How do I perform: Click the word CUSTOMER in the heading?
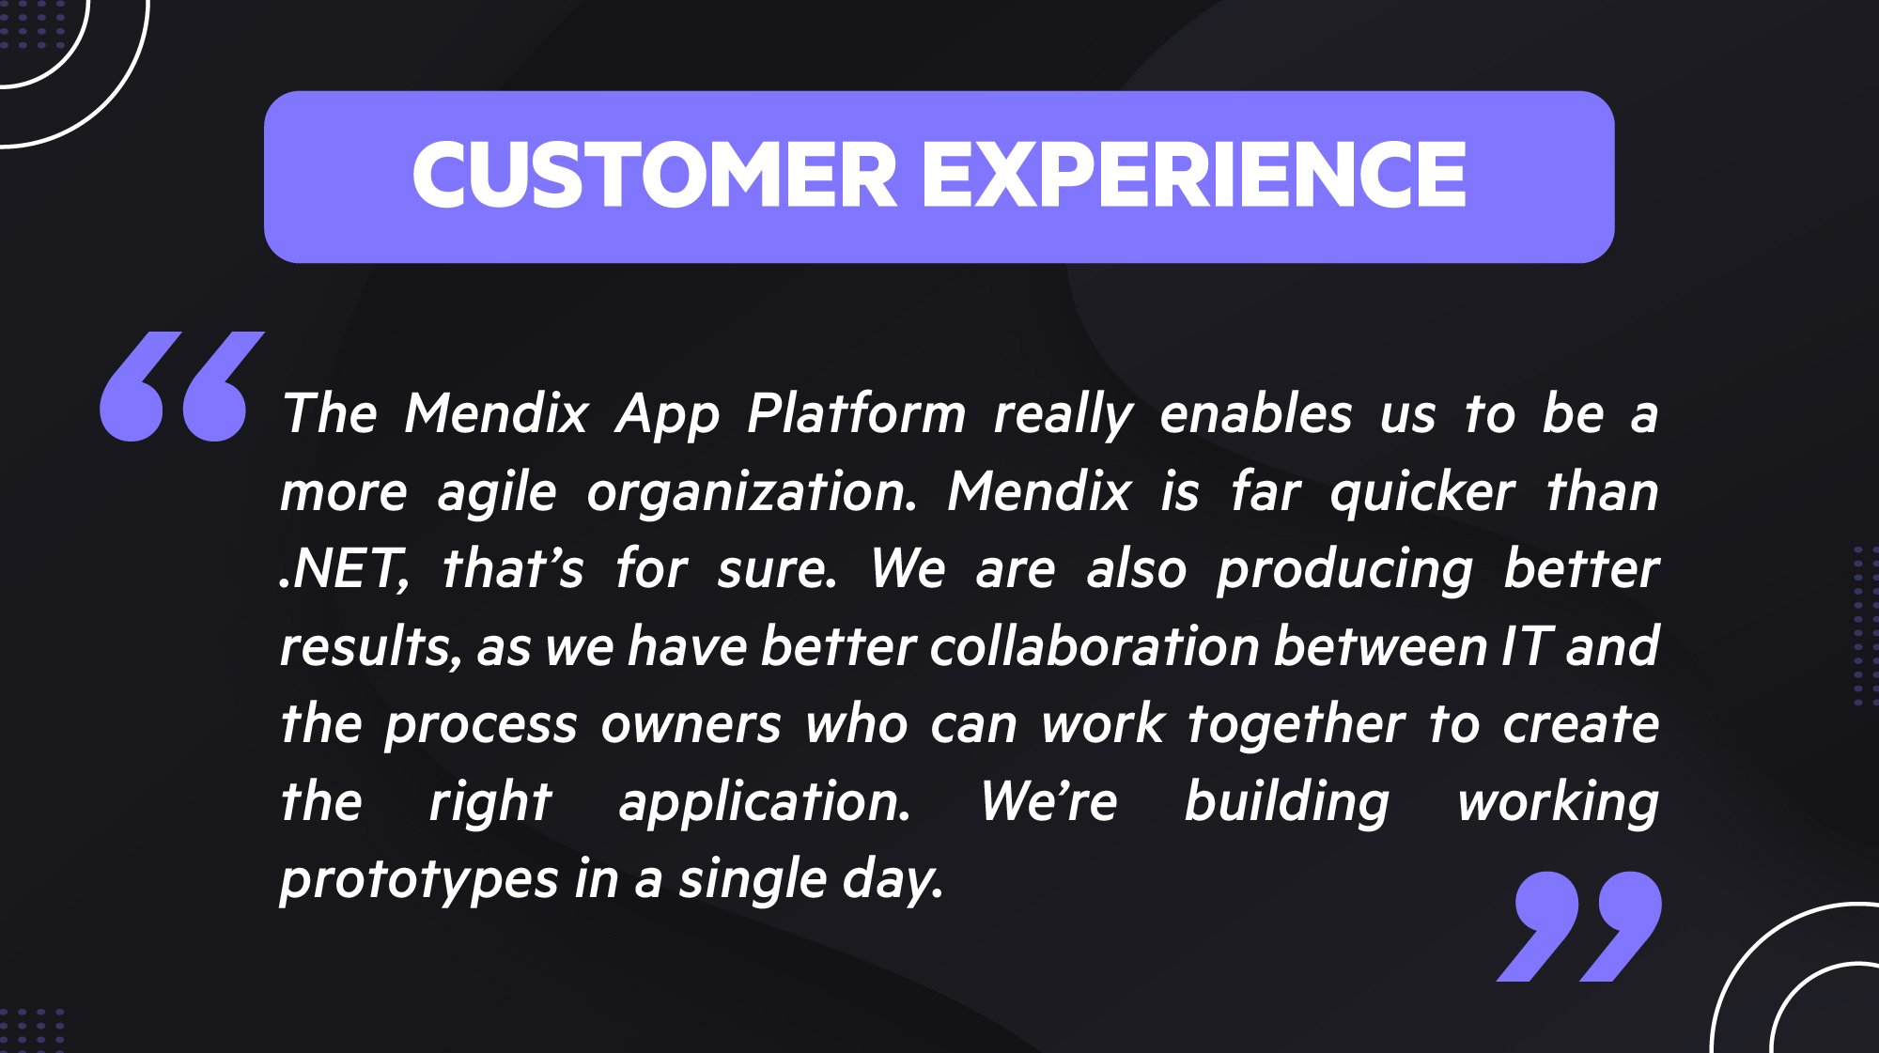[655, 176]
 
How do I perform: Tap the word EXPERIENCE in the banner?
[1193, 176]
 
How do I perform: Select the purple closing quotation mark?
[1578, 926]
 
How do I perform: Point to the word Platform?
[856, 413]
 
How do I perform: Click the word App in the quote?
[667, 415]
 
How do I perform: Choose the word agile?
[497, 493]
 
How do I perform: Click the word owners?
[691, 725]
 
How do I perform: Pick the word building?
[1286, 803]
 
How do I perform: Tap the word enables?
[1256, 413]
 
